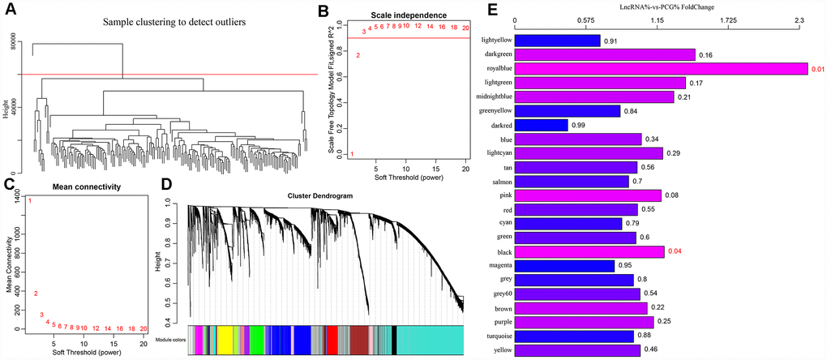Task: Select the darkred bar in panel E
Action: pos(541,126)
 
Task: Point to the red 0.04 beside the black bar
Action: pos(675,252)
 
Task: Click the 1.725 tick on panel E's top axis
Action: pos(728,19)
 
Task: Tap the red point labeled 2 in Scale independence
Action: pos(358,55)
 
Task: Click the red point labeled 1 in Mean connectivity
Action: pos(29,200)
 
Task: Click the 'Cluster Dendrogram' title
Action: pos(324,196)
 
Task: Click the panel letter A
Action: pos(11,11)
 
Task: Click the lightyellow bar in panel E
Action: pos(557,41)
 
